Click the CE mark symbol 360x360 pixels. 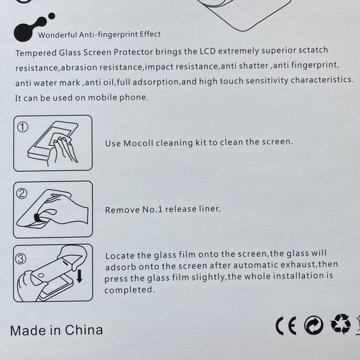[x=286, y=326]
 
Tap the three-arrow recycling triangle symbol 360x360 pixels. [x=340, y=324]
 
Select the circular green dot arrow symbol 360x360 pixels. [x=313, y=326]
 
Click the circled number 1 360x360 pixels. [x=23, y=127]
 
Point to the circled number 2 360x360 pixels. [x=21, y=194]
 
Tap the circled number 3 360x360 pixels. [x=21, y=259]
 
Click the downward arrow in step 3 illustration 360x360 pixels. [x=79, y=276]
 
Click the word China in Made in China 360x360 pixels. [x=84, y=330]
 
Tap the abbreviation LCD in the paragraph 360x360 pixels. [x=208, y=51]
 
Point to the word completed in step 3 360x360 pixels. [x=129, y=290]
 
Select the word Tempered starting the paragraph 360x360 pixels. [x=36, y=53]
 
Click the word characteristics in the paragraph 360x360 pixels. [x=322, y=80]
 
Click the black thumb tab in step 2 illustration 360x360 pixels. [x=37, y=217]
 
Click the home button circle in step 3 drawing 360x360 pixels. [x=41, y=275]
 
